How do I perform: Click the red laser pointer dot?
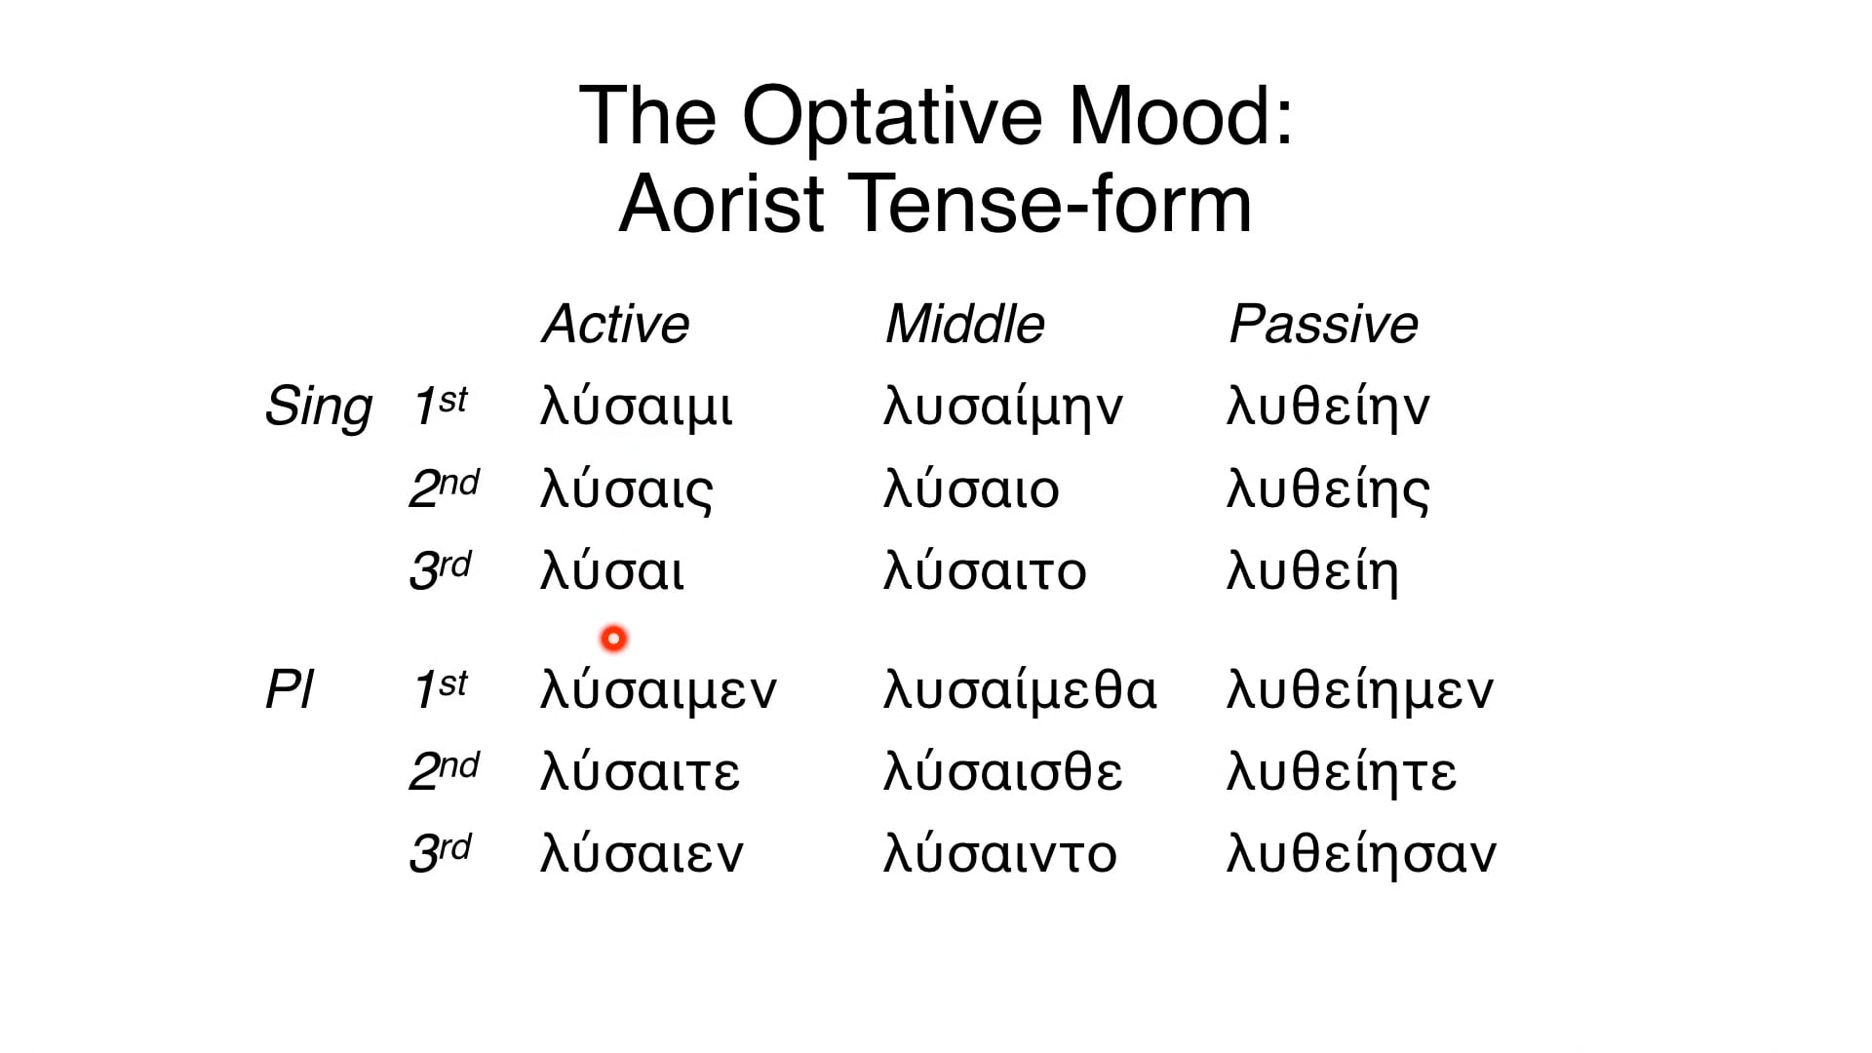pos(613,639)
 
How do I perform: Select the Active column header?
pos(615,324)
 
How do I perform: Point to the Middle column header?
pos(964,324)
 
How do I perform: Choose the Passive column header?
pos(1323,324)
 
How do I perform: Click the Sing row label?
pos(318,408)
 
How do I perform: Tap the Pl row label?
pos(289,690)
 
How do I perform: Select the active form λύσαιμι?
pos(636,408)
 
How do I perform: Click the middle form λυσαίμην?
pos(1003,408)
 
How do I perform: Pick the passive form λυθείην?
pos(1328,408)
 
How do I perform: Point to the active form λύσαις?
pos(627,490)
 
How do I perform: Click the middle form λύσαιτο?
pos(985,572)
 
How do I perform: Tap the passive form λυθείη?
pos(1312,572)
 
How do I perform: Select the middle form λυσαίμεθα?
pos(1020,690)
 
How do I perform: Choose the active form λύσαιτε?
pos(641,772)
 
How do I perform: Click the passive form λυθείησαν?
pos(1361,854)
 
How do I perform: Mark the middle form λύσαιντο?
pos(1000,854)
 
